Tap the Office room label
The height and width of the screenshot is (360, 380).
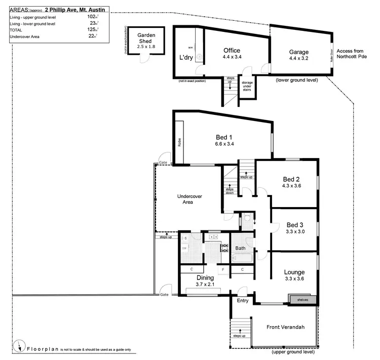(x=232, y=51)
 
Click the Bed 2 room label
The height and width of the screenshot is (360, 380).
(x=291, y=179)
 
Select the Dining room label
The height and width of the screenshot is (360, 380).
(x=206, y=278)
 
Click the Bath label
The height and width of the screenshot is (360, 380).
(x=240, y=248)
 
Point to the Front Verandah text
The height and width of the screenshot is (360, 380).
(x=285, y=328)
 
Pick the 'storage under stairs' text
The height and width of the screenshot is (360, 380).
(x=247, y=86)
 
